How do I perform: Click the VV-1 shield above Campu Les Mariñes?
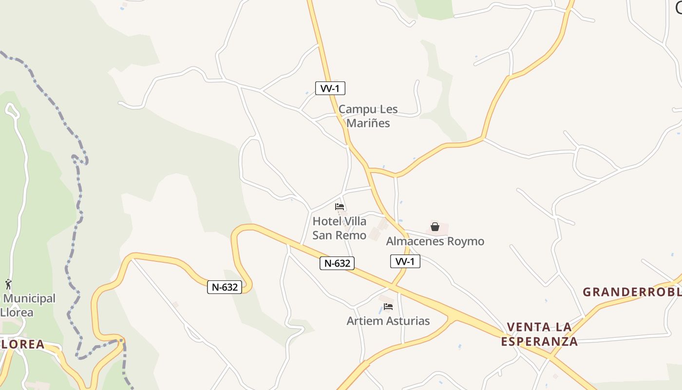coord(330,88)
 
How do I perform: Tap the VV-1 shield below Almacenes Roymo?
coord(405,261)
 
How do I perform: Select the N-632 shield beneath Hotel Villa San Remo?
coord(337,263)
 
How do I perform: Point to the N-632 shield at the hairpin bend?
coord(225,287)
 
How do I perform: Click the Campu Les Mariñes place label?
coord(368,116)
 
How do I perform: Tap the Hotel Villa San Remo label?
coord(340,228)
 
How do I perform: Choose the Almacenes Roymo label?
coord(435,241)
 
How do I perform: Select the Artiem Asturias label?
coord(388,321)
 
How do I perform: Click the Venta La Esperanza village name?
coord(539,334)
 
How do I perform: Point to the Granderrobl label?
coord(632,292)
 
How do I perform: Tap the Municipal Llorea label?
coord(28,305)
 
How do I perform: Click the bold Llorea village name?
coord(22,344)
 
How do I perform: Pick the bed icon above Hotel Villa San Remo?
coord(340,207)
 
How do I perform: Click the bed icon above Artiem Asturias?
coord(388,307)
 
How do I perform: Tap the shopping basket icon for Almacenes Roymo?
coord(435,227)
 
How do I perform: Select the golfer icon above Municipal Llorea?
coord(8,284)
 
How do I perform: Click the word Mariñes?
coord(368,123)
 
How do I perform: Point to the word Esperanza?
coord(539,341)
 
